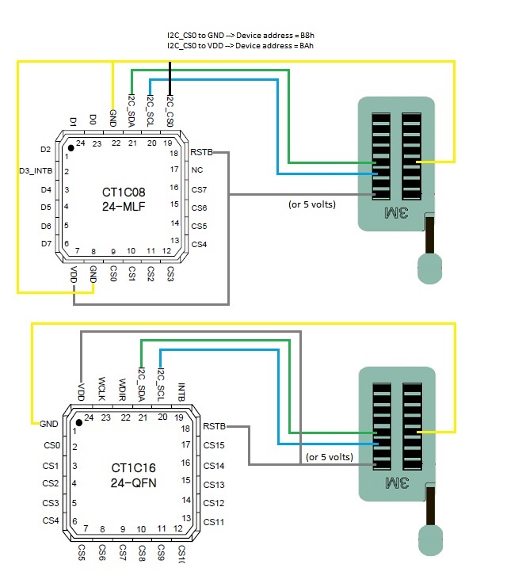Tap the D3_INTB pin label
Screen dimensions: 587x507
tap(36, 170)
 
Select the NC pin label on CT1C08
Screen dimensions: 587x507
tap(197, 170)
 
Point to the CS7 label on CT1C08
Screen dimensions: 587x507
tap(199, 189)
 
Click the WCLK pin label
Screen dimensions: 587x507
tap(101, 389)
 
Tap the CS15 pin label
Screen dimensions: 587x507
tap(215, 445)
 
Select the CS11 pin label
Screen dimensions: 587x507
tap(215, 521)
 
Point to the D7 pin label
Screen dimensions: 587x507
tap(45, 243)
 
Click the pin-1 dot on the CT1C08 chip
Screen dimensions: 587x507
tap(71, 148)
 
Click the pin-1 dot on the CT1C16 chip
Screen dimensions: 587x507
tap(78, 417)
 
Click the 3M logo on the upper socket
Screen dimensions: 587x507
tap(396, 212)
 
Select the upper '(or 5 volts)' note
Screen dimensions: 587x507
tap(313, 204)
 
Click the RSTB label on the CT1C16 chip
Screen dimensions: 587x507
tap(215, 426)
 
